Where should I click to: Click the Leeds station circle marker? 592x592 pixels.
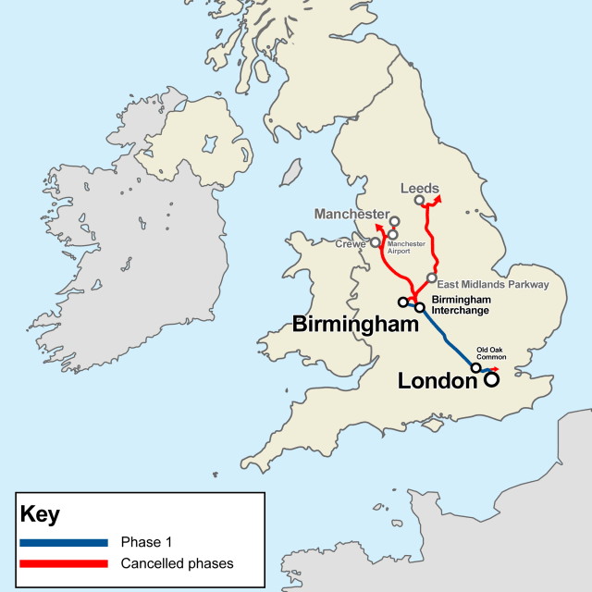click(x=420, y=200)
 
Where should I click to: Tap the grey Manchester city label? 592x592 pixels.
click(x=351, y=214)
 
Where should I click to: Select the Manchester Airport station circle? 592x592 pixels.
click(x=393, y=234)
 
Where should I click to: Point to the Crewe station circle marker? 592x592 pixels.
click(x=376, y=244)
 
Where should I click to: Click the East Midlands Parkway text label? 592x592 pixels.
click(x=495, y=284)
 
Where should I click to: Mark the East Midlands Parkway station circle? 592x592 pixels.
click(x=431, y=277)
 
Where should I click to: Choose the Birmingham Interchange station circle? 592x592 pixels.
click(x=419, y=307)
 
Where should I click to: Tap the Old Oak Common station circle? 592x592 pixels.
click(x=476, y=367)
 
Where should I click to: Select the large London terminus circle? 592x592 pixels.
click(x=491, y=378)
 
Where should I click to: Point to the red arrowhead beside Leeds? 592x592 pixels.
click(x=438, y=198)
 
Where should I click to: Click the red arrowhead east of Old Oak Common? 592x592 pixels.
click(x=495, y=366)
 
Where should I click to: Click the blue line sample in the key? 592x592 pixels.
click(x=62, y=542)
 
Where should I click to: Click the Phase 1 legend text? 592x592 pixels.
click(x=146, y=542)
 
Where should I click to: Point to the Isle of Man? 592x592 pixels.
click(x=291, y=171)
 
